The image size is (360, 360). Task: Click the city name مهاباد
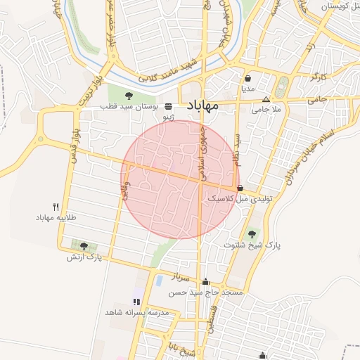[203, 105]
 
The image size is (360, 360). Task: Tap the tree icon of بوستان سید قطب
[129, 95]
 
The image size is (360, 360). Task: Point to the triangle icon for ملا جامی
[266, 99]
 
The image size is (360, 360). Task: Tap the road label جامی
[318, 101]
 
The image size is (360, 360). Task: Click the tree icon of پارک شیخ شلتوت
[252, 233]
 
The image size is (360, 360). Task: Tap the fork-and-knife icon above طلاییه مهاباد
[56, 207]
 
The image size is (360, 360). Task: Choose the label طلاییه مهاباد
[60, 219]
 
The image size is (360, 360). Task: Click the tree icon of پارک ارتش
[84, 246]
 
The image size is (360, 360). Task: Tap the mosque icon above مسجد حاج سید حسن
[205, 282]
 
